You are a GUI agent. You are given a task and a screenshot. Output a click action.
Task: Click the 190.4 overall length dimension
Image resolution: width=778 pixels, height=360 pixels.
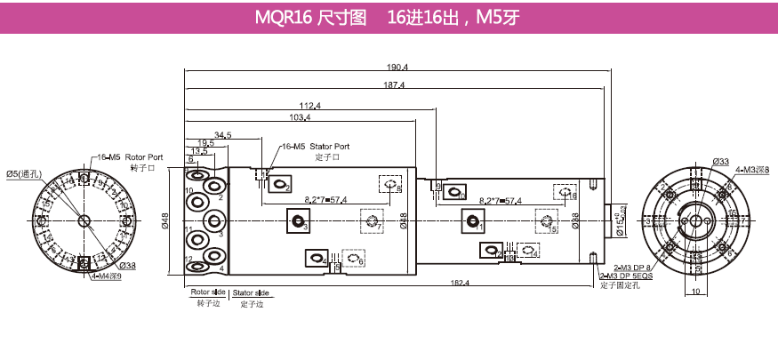[x=397, y=68]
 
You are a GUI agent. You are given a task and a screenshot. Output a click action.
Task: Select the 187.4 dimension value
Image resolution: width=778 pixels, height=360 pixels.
[x=396, y=85]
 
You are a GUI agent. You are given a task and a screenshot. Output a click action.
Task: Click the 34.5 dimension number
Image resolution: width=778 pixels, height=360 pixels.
[x=222, y=134]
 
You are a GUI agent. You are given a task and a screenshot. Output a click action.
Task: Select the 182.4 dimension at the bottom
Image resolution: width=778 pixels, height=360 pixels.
[x=461, y=283]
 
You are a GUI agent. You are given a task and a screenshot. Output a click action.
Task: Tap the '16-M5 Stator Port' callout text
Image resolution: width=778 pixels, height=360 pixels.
[x=316, y=146]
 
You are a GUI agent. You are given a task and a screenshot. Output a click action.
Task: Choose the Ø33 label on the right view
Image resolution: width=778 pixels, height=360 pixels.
[x=720, y=161]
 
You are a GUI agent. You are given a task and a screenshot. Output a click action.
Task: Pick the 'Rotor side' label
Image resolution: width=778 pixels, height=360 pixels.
[x=207, y=292]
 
